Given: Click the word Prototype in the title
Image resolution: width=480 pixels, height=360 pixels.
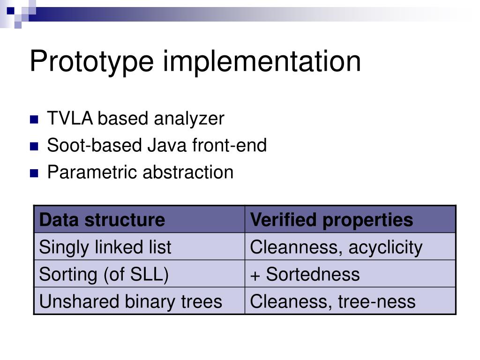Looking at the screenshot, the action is point(91,62).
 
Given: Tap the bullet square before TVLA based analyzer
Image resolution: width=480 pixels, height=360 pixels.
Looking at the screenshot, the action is point(34,120).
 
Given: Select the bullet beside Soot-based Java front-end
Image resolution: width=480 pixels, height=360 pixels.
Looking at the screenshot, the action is point(34,146).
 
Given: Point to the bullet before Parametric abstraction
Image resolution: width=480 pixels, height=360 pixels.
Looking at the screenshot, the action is point(34,173).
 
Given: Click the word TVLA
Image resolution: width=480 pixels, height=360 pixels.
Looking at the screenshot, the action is point(70,119).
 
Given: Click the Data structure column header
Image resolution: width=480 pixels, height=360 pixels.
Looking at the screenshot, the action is point(102,219).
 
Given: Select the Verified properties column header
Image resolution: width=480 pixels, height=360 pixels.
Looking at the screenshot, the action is point(331,219).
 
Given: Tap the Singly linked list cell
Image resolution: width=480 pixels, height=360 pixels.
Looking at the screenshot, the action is point(105,247).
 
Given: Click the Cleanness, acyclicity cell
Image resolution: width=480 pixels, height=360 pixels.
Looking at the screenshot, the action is point(336,247).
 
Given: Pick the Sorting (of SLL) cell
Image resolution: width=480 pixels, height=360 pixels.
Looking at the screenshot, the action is point(104,274).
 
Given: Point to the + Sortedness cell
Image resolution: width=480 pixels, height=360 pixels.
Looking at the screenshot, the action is point(305,274).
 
